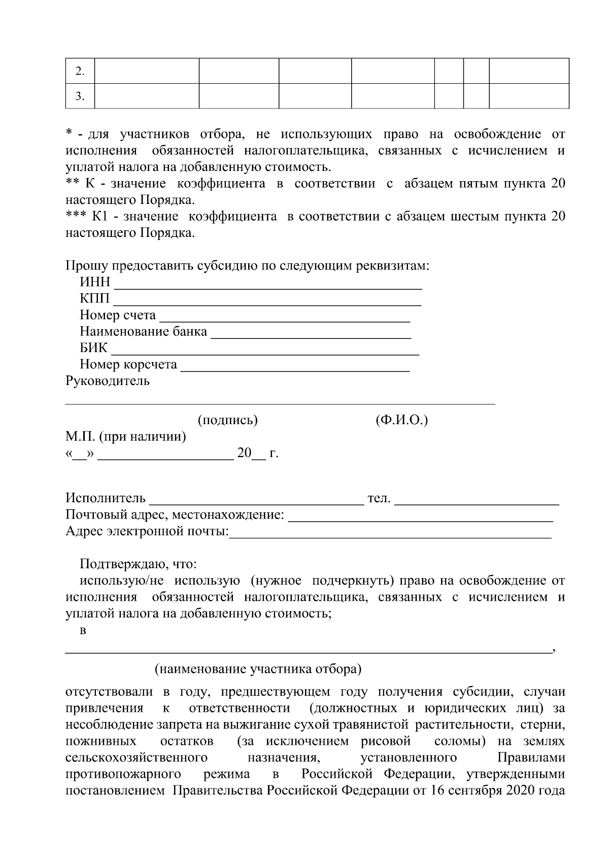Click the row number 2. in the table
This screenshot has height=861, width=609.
pos(80,71)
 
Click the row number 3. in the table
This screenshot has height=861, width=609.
pos(80,96)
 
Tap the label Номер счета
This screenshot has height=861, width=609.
pos(118,316)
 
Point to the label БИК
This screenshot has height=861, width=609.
pos(93,349)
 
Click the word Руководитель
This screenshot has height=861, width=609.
pos(108,381)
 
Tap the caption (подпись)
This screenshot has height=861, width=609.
pos(227,420)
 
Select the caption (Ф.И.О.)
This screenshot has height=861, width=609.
pos(402,420)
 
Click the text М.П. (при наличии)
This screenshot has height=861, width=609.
pos(125,437)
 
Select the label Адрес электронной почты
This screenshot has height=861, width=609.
pos(147,532)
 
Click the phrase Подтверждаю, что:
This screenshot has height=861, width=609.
pos(138,564)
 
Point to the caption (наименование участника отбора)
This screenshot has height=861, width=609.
pos(258,669)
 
